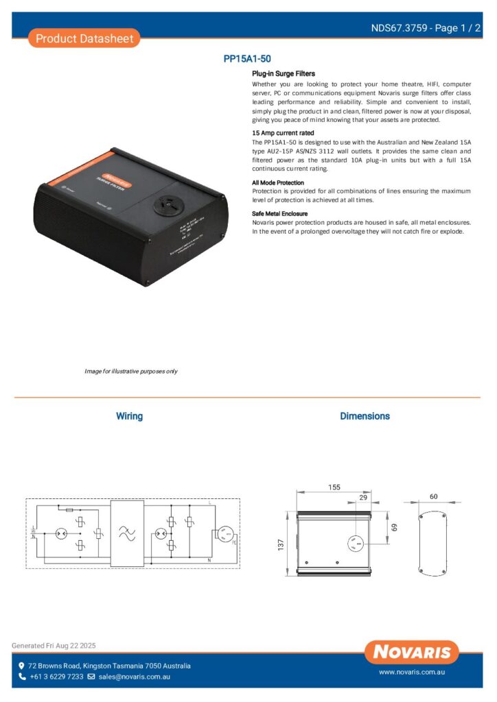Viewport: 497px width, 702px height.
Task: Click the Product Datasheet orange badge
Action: click(84, 38)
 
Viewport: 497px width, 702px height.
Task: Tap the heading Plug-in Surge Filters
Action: click(284, 73)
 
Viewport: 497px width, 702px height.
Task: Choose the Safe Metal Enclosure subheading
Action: click(279, 214)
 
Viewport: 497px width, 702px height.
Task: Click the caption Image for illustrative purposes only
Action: click(130, 371)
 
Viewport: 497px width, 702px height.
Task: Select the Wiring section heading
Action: click(129, 416)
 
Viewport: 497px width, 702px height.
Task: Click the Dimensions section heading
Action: click(365, 416)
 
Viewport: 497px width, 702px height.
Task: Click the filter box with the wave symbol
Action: click(128, 533)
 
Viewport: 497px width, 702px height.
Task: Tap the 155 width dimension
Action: click(334, 487)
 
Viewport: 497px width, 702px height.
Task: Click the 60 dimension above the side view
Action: click(433, 496)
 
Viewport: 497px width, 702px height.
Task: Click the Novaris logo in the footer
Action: click(412, 651)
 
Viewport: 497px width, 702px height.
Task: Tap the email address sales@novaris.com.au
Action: click(134, 677)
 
